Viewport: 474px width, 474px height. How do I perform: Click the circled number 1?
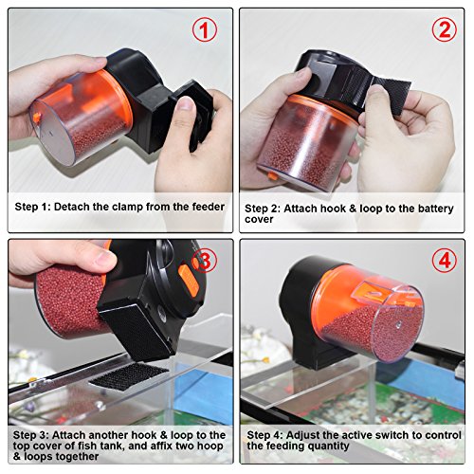(x=205, y=30)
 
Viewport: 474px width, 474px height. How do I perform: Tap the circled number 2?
(x=445, y=29)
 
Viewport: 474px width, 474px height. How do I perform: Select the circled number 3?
(x=205, y=261)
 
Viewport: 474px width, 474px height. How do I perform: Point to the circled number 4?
(x=445, y=261)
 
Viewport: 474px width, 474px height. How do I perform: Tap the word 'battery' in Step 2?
(x=436, y=209)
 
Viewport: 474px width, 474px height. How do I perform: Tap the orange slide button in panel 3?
(x=189, y=281)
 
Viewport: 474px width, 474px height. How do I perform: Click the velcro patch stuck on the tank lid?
(x=129, y=376)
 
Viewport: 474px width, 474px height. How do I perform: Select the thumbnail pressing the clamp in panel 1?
(x=185, y=102)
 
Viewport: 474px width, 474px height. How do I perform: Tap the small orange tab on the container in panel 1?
(x=36, y=118)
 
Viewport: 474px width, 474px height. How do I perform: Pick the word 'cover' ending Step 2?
(x=259, y=220)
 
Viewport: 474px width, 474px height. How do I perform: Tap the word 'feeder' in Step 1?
(x=209, y=207)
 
